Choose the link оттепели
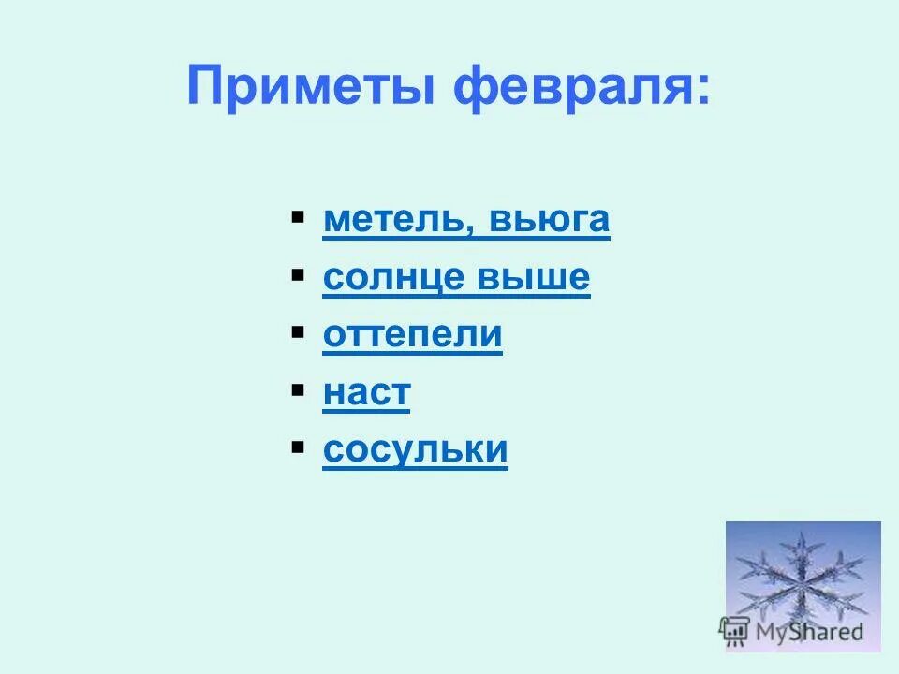412,335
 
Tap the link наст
366,392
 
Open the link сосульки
415,449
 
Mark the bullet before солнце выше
297,276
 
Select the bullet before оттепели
297,333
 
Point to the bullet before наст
297,390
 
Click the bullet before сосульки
297,447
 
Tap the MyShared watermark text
809,631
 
